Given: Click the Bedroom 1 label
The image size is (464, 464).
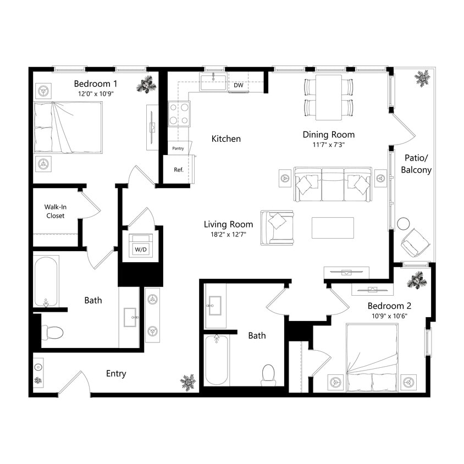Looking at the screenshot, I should click(x=96, y=84).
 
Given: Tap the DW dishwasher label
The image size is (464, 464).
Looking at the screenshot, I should click(x=238, y=86).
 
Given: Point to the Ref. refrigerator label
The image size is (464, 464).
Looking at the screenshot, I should click(x=179, y=170).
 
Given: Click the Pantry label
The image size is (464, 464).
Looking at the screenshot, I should click(x=178, y=148).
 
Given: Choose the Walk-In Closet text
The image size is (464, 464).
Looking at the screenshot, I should click(x=55, y=212).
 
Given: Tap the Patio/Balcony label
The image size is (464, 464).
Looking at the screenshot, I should click(x=416, y=163).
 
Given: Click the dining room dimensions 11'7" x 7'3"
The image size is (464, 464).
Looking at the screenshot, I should click(x=328, y=145).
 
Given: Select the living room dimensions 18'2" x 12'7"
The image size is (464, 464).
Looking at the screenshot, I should click(x=228, y=235).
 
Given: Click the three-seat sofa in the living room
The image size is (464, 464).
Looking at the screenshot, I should click(x=332, y=184).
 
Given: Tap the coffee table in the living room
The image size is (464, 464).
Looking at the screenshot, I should click(x=333, y=228).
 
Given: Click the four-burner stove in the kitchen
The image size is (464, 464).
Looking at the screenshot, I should click(x=179, y=114).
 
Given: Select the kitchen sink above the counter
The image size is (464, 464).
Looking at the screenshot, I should click(x=214, y=83).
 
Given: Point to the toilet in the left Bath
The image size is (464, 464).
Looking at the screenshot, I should click(x=53, y=333).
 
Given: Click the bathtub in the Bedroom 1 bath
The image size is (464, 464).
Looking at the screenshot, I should click(x=46, y=281).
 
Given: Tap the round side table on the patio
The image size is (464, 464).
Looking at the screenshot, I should click(x=404, y=224).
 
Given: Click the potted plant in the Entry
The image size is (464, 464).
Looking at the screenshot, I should click(x=188, y=382).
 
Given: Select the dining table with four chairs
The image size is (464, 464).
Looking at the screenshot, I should click(x=328, y=97).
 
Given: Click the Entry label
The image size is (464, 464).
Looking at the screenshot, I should click(x=116, y=374).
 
